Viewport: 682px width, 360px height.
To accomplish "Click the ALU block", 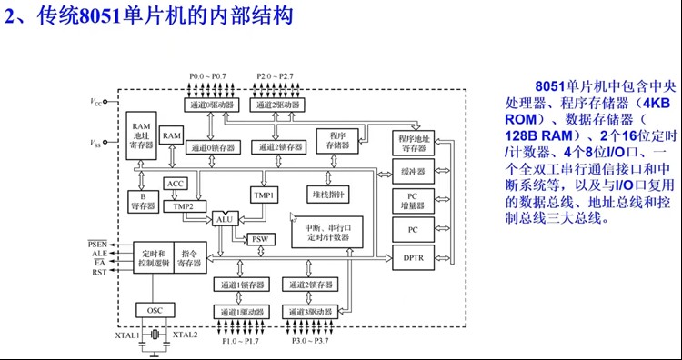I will pos(225,219).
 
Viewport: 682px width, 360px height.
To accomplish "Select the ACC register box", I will pos(175,184).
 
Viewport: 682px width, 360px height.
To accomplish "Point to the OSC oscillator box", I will pos(155,310).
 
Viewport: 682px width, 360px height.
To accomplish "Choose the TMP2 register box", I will pos(185,206).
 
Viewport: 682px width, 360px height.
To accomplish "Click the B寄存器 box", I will pos(143,201).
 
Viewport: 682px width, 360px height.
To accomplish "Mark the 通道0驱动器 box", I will pos(211,105).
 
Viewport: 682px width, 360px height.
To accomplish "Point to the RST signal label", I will pos(98,273).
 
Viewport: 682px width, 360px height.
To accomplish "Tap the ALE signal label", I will pos(98,254).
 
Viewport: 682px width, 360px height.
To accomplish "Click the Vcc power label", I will pos(96,103).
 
